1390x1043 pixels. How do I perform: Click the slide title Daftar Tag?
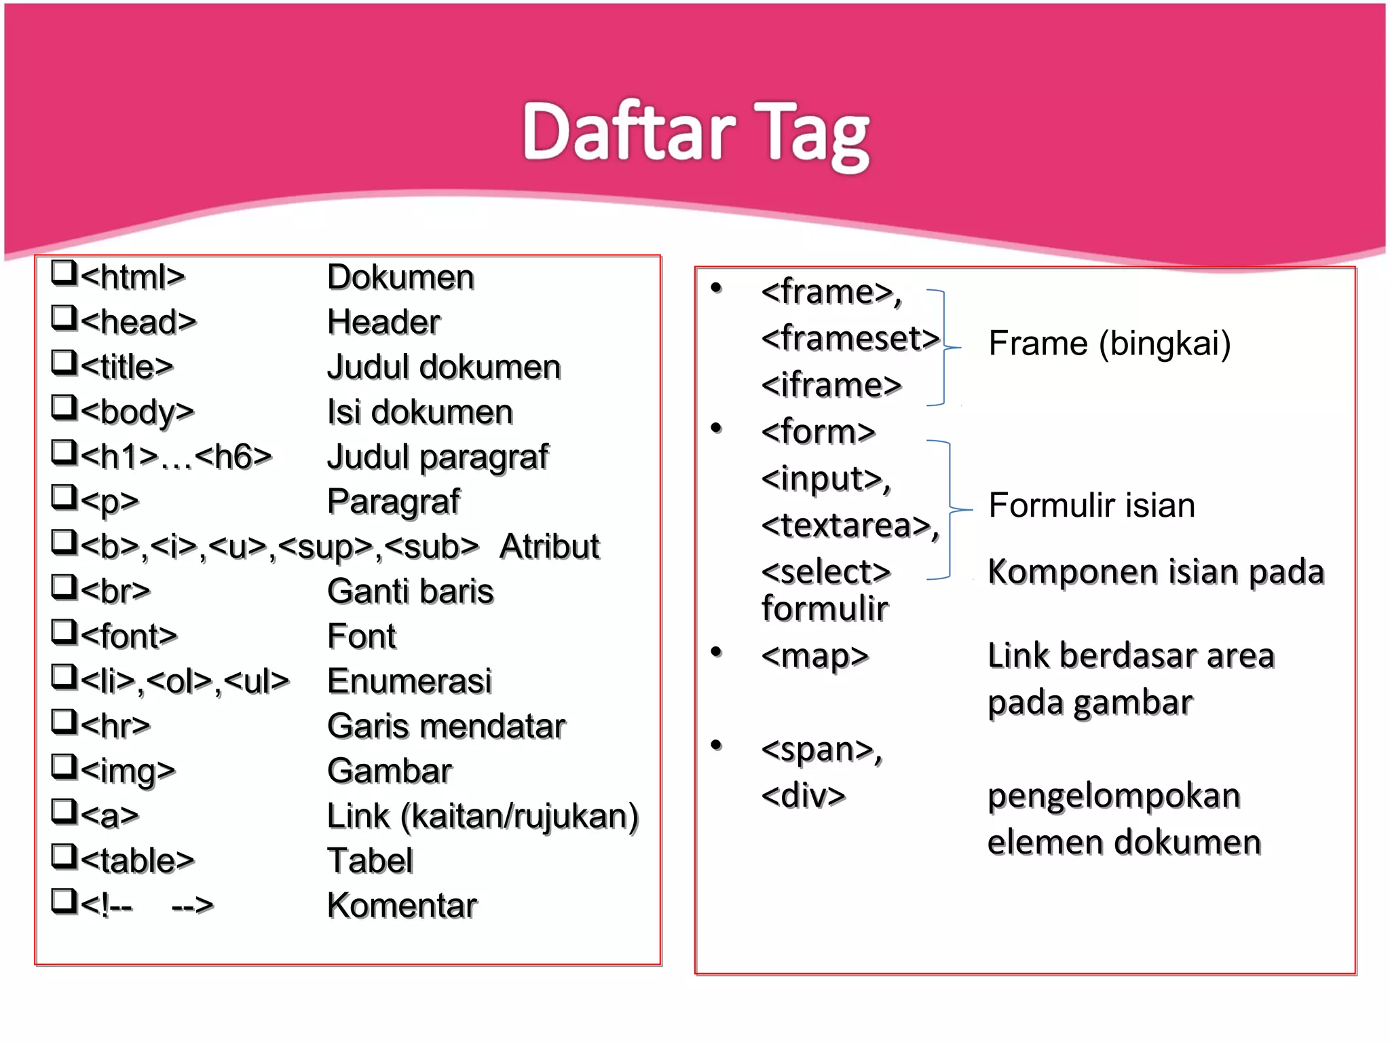[696, 132]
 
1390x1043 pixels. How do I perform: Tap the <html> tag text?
[132, 277]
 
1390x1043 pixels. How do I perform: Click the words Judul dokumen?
[444, 367]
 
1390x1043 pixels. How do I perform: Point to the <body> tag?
[137, 411]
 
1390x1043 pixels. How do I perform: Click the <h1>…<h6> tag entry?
[176, 456]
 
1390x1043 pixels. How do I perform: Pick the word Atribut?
[549, 547]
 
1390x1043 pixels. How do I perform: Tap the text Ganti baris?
[410, 591]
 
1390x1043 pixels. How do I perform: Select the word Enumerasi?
[409, 681]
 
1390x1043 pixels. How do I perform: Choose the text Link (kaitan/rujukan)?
[483, 816]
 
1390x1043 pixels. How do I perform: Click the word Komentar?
[402, 906]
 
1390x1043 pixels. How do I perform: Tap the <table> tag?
[137, 861]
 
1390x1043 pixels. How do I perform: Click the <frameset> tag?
[850, 338]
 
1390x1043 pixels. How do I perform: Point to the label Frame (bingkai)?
[1109, 343]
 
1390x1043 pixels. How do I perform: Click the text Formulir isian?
[1091, 505]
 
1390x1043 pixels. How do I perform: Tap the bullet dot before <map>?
[716, 653]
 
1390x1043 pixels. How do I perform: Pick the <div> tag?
[804, 795]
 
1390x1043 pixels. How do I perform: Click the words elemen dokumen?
[1124, 842]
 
